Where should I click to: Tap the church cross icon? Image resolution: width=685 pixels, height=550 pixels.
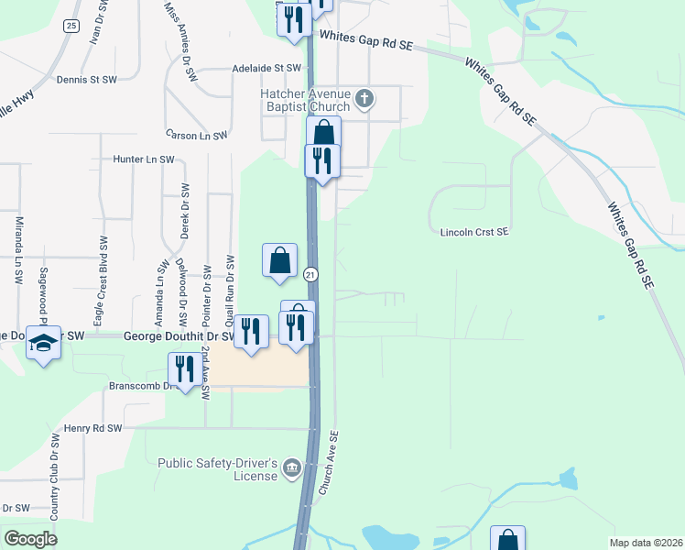(x=364, y=98)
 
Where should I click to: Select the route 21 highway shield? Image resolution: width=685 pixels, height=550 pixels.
(x=311, y=274)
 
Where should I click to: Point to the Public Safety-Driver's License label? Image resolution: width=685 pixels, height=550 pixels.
(x=216, y=469)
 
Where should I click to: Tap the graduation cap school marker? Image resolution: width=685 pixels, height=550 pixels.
(x=43, y=343)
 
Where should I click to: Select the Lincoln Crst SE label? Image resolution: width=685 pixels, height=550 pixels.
(x=473, y=233)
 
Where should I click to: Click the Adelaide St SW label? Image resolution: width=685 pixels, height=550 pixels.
(x=266, y=68)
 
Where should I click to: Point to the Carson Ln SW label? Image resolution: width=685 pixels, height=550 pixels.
(x=196, y=135)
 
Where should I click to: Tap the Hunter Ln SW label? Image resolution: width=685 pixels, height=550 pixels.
(x=143, y=159)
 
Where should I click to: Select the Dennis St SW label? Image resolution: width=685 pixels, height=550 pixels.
(x=86, y=80)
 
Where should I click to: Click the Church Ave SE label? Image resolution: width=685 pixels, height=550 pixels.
(x=329, y=464)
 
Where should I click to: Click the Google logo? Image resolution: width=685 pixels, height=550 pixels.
(x=30, y=539)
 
